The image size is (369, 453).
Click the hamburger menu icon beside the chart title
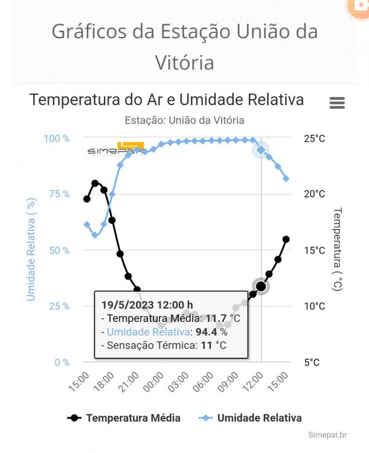pyautogui.click(x=337, y=103)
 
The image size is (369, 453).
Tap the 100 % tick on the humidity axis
pyautogui.click(x=57, y=138)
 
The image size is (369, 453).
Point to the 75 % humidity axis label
pyautogui.click(x=59, y=194)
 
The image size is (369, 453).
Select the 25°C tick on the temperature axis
pyautogui.click(x=314, y=138)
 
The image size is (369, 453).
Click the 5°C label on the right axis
pyautogui.click(x=312, y=362)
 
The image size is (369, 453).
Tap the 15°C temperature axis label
pyautogui.click(x=314, y=250)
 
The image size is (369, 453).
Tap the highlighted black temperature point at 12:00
pyautogui.click(x=261, y=286)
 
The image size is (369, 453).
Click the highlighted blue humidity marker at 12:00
pyautogui.click(x=261, y=150)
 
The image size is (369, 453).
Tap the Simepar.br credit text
pyautogui.click(x=327, y=435)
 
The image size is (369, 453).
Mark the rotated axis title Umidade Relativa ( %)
pyautogui.click(x=31, y=250)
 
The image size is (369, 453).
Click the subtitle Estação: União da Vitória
pyautogui.click(x=184, y=120)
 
